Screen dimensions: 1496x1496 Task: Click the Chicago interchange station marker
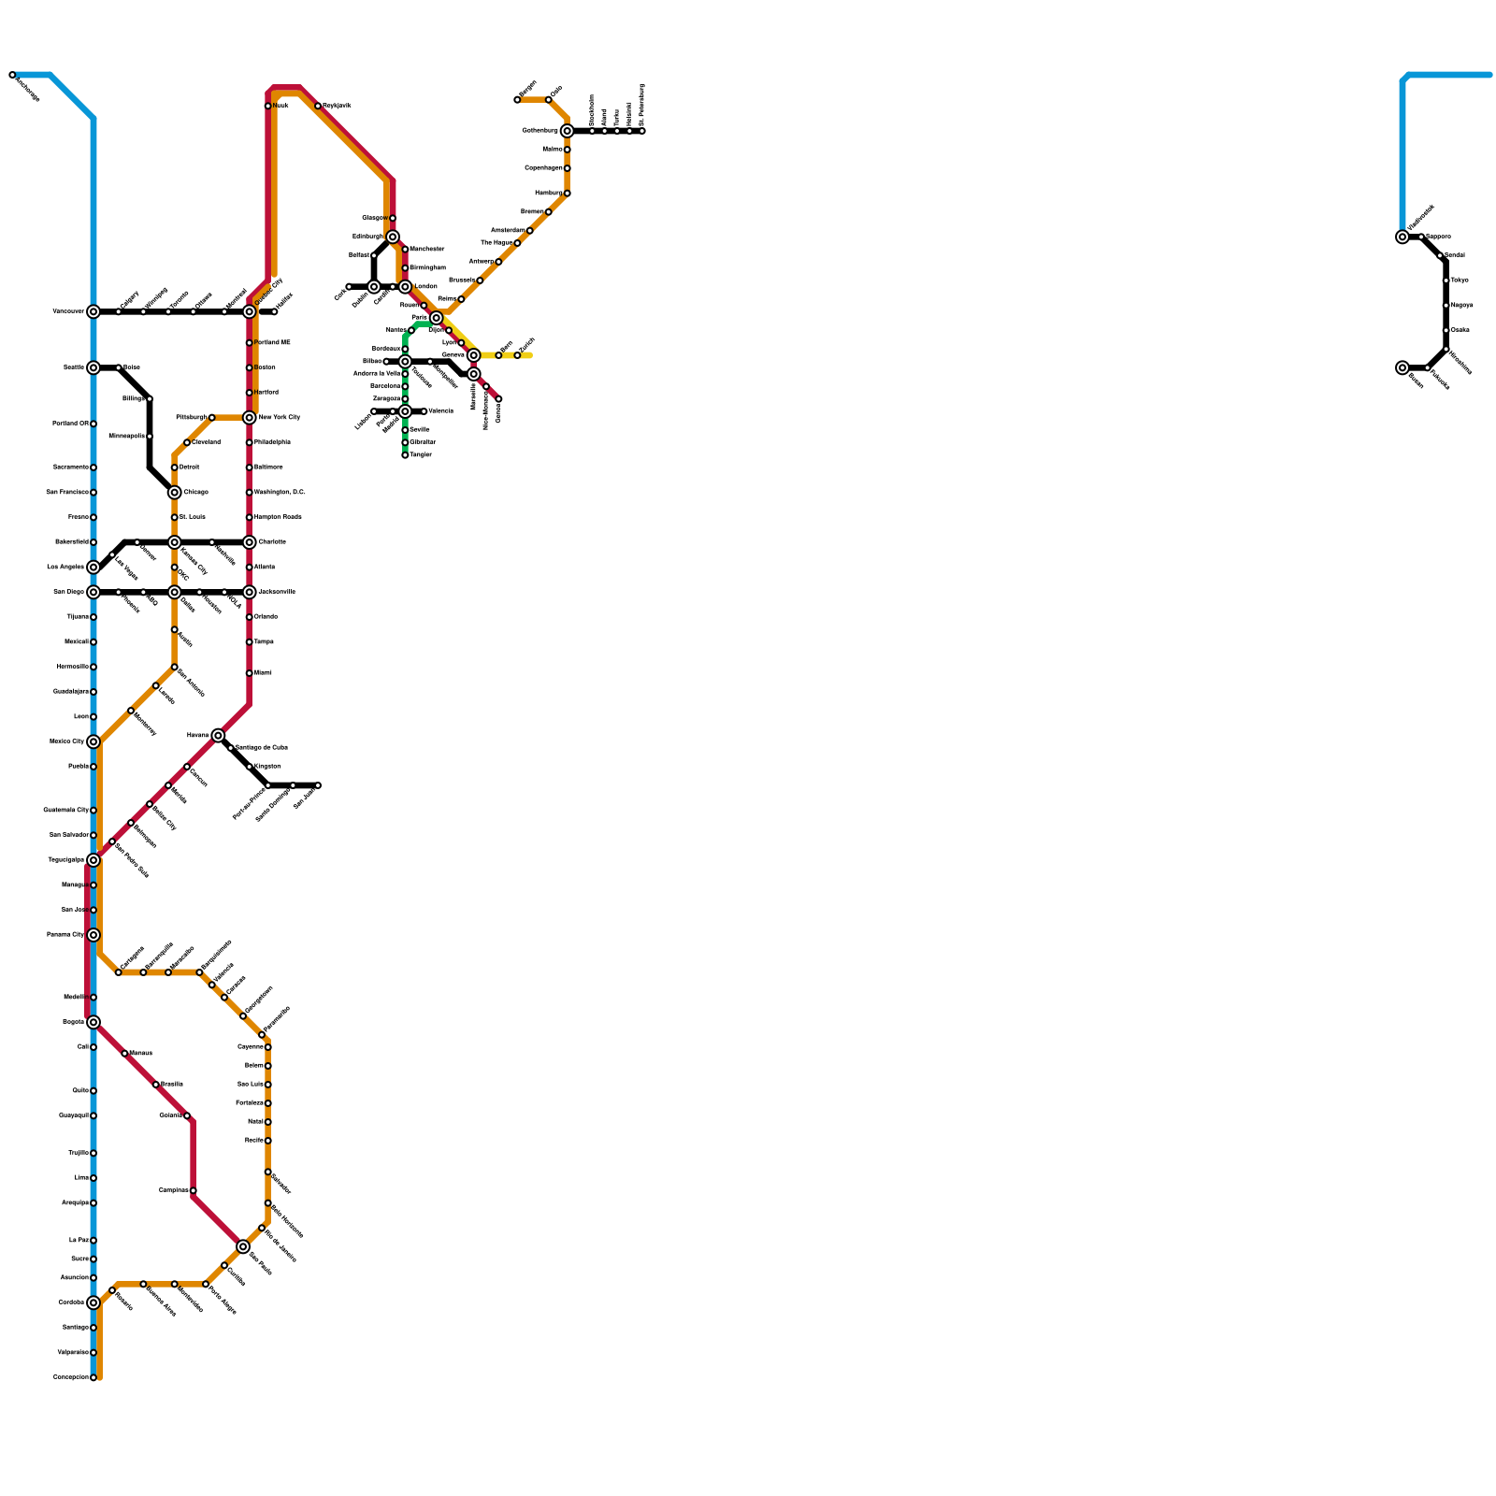click(175, 493)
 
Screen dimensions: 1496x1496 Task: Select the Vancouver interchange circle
click(93, 311)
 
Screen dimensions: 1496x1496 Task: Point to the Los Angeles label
click(65, 567)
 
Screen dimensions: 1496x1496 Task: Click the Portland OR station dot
click(93, 424)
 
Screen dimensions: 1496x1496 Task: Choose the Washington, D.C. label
click(280, 492)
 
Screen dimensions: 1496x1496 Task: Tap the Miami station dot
click(250, 673)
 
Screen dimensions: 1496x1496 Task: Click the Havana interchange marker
click(218, 736)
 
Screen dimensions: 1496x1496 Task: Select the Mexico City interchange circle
click(93, 742)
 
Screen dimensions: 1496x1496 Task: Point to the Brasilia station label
click(172, 1084)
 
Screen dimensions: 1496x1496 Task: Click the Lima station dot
click(93, 1178)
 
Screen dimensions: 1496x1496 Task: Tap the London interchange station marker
click(405, 287)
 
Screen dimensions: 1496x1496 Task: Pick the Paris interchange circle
click(437, 318)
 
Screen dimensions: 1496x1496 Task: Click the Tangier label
click(421, 454)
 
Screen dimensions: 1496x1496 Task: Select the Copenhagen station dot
click(568, 168)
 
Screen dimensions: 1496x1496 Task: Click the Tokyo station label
click(1460, 280)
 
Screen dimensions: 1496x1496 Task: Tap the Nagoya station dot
click(1446, 306)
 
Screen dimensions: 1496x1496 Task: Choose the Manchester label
click(427, 249)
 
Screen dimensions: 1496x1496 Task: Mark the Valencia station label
click(440, 410)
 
